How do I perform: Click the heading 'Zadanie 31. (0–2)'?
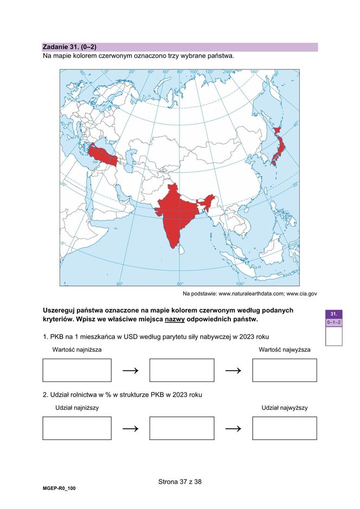69,47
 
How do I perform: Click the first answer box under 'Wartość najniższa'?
77,370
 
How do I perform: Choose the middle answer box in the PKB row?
182,370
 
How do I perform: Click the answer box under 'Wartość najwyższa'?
285,370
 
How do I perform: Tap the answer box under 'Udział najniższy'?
77,428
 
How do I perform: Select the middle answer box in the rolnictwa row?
182,428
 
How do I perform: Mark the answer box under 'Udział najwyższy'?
285,428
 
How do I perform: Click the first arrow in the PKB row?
130,371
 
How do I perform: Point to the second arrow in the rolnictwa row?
233,429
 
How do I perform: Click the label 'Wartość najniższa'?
77,350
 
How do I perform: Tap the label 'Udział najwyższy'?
285,408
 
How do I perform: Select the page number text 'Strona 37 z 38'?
180,481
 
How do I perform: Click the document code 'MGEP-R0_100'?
59,489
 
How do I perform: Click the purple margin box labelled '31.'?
334,314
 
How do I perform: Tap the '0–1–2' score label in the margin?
334,322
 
